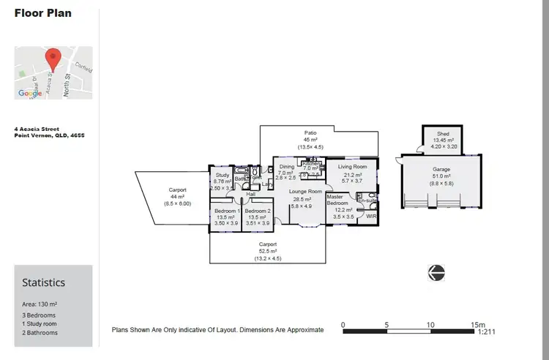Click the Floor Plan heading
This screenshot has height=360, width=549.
click(43, 13)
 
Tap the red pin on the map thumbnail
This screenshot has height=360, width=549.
click(53, 59)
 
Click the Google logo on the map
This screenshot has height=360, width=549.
click(30, 93)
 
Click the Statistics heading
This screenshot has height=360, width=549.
click(43, 282)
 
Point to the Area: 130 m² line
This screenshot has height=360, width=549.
click(40, 304)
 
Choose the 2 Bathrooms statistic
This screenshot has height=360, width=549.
click(40, 333)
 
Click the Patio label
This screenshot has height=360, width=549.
click(310, 133)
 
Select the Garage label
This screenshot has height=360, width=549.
click(441, 169)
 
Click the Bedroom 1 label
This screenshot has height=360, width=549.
click(225, 211)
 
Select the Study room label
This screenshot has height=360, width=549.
click(223, 176)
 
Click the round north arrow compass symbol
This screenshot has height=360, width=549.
click(437, 272)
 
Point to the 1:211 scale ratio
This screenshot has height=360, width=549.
click(487, 332)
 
